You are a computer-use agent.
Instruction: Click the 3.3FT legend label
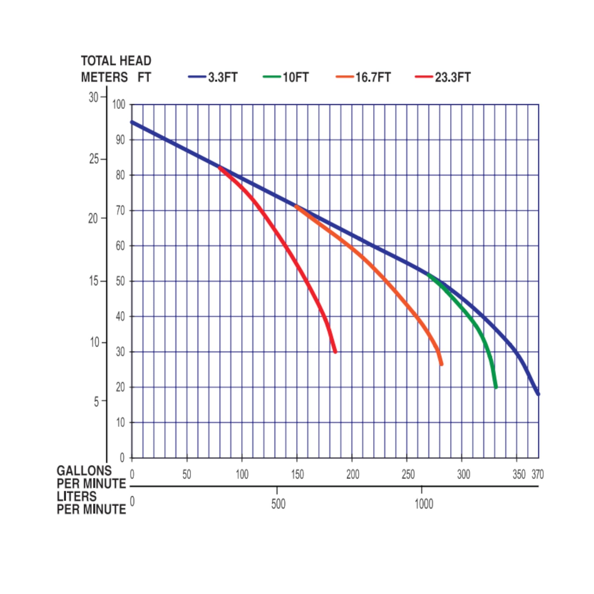point(223,77)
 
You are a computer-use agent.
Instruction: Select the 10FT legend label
point(295,77)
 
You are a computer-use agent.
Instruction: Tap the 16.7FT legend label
point(373,77)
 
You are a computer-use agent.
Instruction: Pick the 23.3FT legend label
point(453,77)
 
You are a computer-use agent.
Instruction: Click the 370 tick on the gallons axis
point(538,475)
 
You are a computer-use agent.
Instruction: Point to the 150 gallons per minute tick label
point(297,475)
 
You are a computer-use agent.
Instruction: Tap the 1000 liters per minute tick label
point(424,504)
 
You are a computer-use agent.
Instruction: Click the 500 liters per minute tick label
point(278,504)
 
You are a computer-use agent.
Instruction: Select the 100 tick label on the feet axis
point(119,105)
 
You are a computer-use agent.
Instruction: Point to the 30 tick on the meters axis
point(93,97)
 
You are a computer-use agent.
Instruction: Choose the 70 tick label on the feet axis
point(121,211)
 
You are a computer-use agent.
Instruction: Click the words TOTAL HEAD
point(116,61)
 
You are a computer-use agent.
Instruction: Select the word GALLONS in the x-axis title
point(84,471)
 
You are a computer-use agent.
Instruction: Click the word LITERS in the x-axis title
point(77,497)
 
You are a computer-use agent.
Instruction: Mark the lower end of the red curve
point(335,351)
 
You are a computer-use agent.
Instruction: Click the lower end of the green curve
point(496,387)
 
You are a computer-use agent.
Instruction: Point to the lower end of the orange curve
point(441,364)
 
